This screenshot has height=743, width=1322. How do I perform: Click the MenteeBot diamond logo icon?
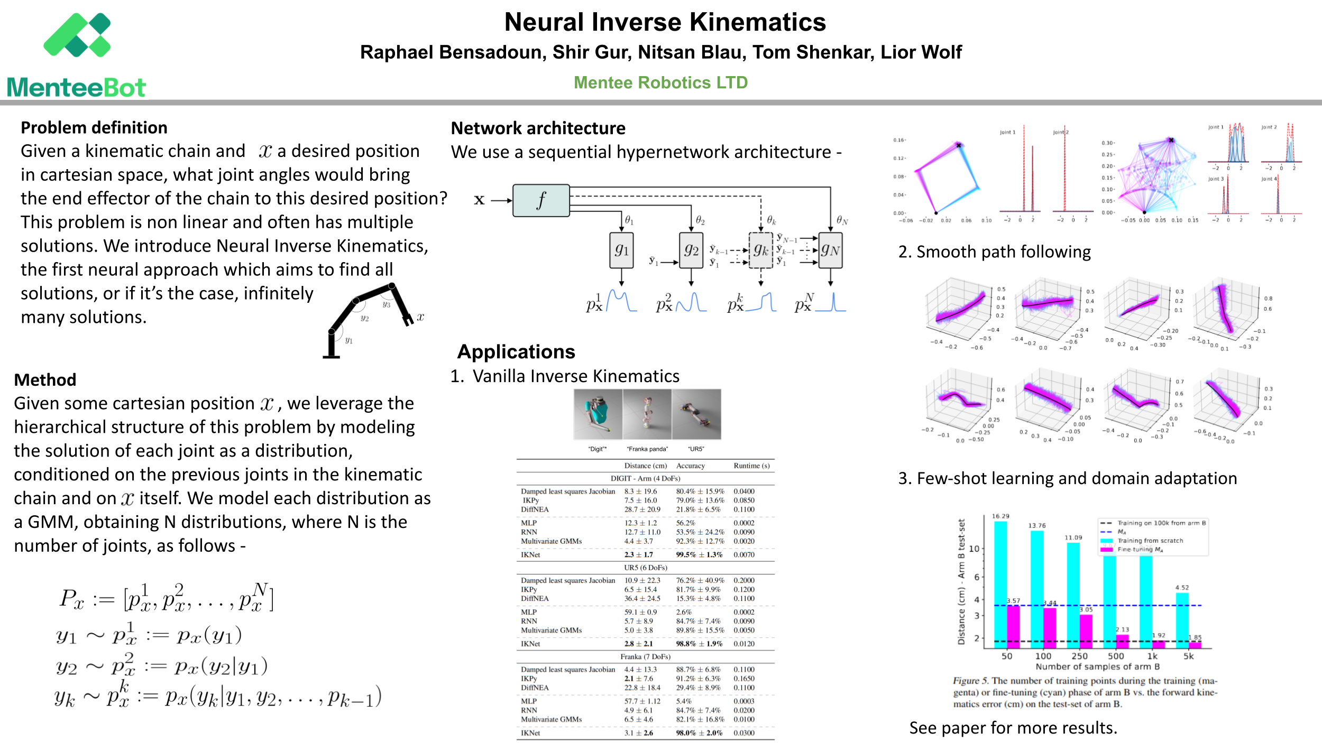[x=77, y=35]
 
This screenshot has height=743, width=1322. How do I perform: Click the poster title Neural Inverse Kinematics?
[x=665, y=22]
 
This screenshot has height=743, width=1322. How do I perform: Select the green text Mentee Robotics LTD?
[x=660, y=82]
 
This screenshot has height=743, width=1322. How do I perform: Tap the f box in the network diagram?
[x=541, y=200]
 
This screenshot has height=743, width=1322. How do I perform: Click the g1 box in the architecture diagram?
[x=621, y=250]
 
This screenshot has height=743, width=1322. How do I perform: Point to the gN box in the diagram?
[x=830, y=250]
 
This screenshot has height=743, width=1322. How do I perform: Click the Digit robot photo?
[x=598, y=414]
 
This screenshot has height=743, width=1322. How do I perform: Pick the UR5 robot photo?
[x=696, y=414]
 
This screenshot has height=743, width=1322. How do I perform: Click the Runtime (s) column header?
[x=751, y=466]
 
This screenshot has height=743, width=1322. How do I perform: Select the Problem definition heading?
[x=94, y=128]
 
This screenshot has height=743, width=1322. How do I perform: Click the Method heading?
[x=45, y=380]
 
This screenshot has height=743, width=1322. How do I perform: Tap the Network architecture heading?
[x=538, y=128]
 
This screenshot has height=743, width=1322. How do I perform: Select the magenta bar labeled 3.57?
[x=1013, y=626]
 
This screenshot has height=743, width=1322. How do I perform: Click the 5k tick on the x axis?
[x=1188, y=656]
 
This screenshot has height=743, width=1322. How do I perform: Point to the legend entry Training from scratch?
[x=1150, y=541]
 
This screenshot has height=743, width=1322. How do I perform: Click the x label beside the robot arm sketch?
[x=420, y=317]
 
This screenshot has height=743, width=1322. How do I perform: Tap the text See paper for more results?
[x=1013, y=728]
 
